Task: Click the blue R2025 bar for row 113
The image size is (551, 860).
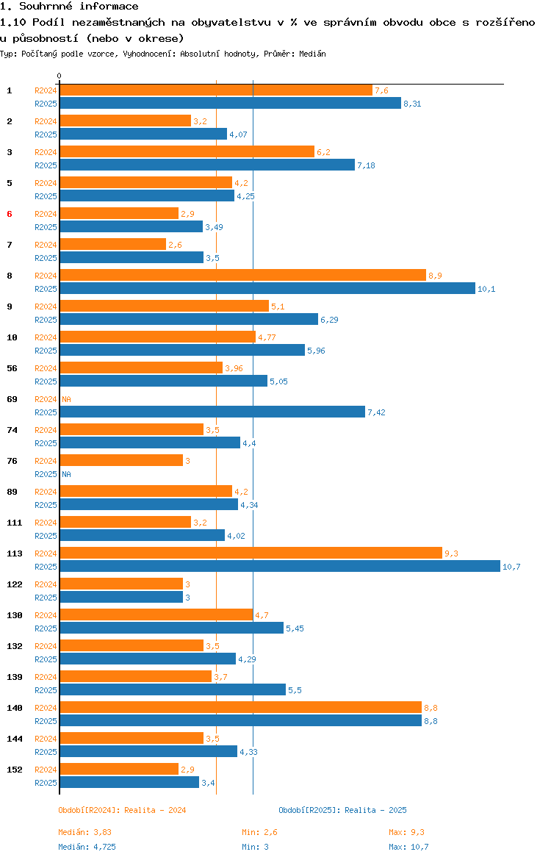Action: coord(280,567)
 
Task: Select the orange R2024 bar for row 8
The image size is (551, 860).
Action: coord(243,276)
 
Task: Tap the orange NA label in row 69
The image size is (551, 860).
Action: coord(66,399)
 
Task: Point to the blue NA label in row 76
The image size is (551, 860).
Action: coord(66,474)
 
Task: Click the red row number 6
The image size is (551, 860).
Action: coord(10,214)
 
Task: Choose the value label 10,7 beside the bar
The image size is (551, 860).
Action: coord(511,567)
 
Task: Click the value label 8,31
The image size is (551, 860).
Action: coord(412,104)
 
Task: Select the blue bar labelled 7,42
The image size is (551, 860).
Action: coord(212,412)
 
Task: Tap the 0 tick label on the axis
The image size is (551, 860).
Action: coord(60,76)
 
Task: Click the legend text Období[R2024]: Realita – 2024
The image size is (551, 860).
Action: coord(122,810)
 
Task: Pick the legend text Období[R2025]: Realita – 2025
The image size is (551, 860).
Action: coord(342,810)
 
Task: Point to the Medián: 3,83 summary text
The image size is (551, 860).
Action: coord(85,832)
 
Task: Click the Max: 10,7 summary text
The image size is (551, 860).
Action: coord(409,847)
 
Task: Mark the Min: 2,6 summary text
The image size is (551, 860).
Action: coord(260,832)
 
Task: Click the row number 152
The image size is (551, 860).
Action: coord(15,770)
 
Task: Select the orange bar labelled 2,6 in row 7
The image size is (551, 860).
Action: coord(113,245)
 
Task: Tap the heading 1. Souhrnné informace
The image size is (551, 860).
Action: coord(69,7)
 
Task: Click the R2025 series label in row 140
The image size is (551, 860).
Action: coord(46,721)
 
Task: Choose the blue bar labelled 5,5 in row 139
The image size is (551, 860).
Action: coord(173,690)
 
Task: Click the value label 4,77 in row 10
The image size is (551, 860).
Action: coord(267,337)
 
